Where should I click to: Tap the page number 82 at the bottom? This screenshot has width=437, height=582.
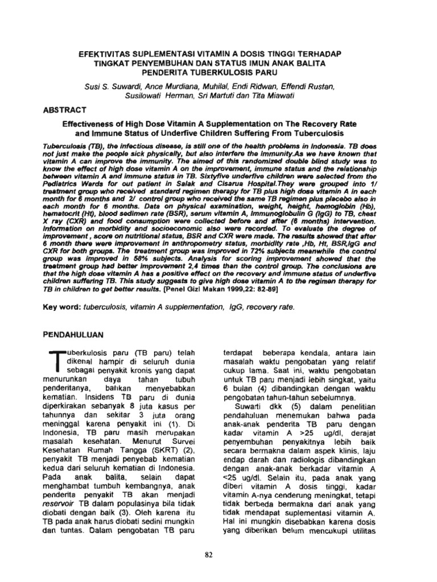pyautogui.click(x=218, y=555)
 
